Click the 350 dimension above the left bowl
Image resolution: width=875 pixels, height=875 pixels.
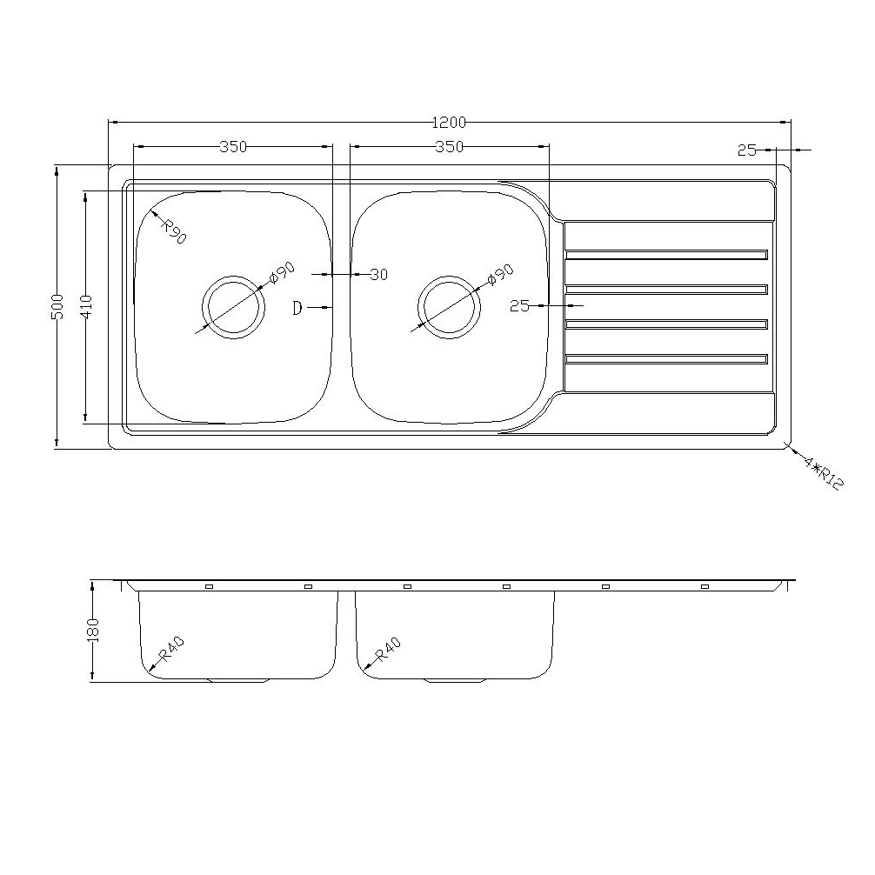click(233, 146)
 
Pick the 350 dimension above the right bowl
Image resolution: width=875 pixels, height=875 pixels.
click(449, 146)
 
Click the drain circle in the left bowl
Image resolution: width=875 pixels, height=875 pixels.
click(233, 307)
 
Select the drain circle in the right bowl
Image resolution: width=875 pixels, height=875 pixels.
click(449, 307)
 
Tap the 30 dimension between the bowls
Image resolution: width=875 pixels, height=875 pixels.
click(378, 275)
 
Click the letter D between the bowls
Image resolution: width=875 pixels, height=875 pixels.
click(297, 308)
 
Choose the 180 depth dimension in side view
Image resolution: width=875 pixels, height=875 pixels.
click(94, 630)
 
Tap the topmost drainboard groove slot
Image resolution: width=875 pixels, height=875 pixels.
click(666, 255)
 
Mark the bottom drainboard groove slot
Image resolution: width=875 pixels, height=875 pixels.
click(666, 358)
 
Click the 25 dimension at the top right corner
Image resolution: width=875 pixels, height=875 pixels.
click(746, 150)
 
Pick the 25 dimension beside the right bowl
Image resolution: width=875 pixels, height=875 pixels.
click(520, 306)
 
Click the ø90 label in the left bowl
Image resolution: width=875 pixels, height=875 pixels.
click(283, 272)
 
